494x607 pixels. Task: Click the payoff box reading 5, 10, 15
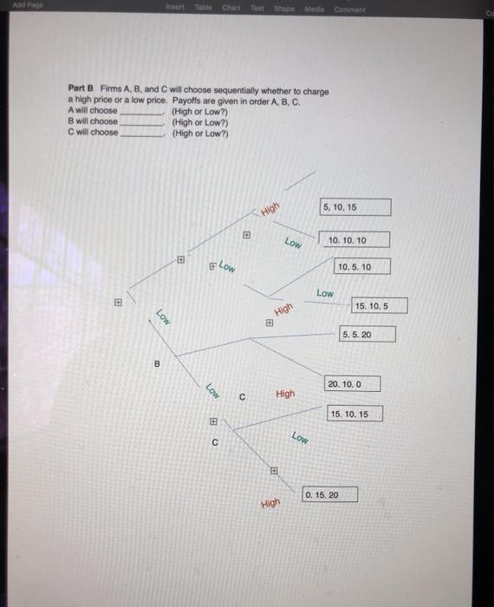[x=355, y=207]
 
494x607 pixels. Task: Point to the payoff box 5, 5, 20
[x=367, y=334]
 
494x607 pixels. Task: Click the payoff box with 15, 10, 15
[x=354, y=414]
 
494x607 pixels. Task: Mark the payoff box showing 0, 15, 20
[x=329, y=494]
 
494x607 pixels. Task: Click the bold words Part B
[x=81, y=90]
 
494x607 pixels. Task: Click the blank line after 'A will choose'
[x=141, y=112]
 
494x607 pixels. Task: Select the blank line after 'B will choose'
[x=141, y=122]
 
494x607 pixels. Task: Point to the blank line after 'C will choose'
[x=141, y=133]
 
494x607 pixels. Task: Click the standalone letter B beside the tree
[x=157, y=364]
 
